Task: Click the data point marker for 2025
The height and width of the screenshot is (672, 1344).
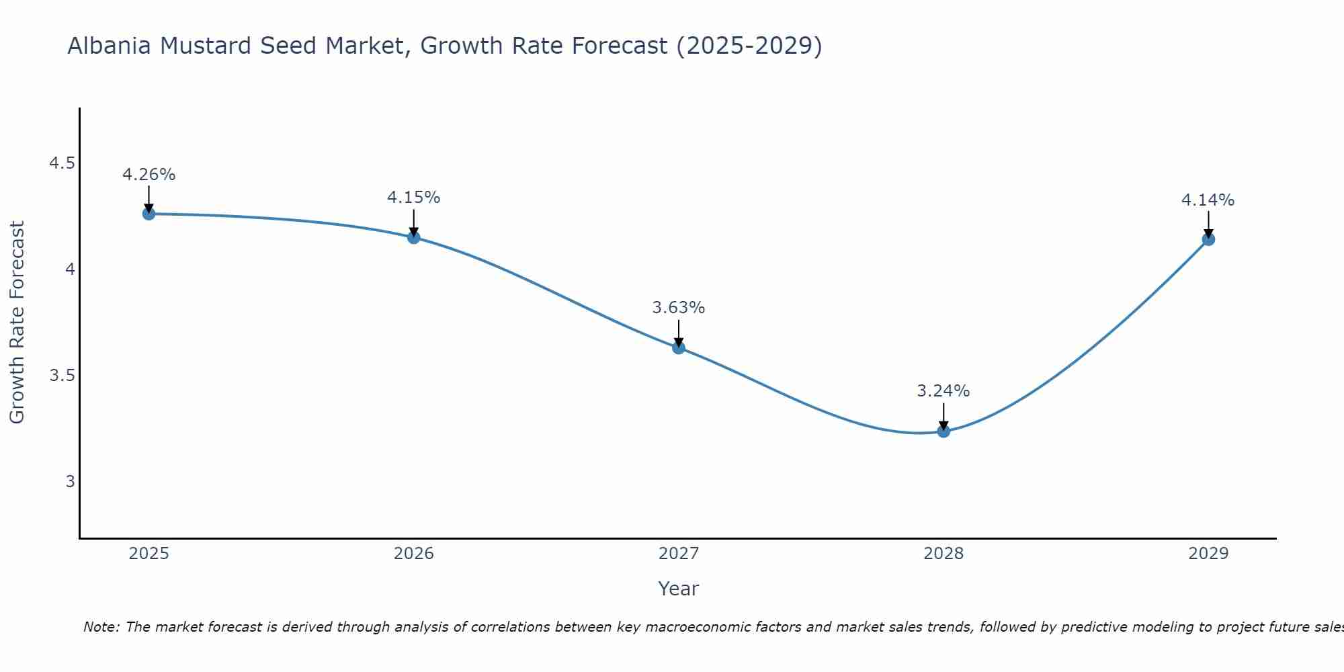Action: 149,214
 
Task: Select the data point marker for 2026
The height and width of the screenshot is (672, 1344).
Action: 414,237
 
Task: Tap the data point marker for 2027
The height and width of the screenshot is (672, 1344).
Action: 679,347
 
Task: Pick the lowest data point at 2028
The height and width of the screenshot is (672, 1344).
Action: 943,431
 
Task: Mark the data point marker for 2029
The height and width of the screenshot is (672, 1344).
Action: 1208,239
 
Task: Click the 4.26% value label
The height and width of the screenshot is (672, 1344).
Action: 149,175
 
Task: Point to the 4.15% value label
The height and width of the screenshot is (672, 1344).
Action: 414,198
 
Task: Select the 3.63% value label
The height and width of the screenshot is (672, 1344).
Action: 679,308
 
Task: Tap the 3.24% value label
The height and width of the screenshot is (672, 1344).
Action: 943,391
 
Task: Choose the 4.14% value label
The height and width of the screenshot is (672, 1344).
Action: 1208,200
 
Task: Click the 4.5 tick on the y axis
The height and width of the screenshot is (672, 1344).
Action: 62,163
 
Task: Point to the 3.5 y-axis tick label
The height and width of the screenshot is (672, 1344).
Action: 62,375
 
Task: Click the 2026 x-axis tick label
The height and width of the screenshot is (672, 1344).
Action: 414,554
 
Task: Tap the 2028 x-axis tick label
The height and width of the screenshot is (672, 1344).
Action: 943,554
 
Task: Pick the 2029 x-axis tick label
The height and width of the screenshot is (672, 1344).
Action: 1208,554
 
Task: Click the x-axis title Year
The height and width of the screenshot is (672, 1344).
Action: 679,589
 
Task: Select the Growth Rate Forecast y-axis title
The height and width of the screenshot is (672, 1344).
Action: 17,323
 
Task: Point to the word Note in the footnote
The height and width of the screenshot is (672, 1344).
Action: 101,627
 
